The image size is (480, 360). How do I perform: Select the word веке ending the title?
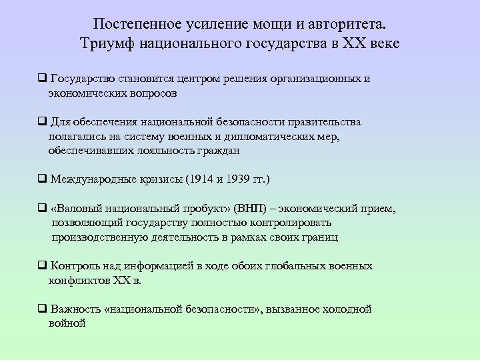(383, 43)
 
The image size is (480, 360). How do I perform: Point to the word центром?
(221, 79)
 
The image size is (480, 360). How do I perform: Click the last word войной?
(67, 324)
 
